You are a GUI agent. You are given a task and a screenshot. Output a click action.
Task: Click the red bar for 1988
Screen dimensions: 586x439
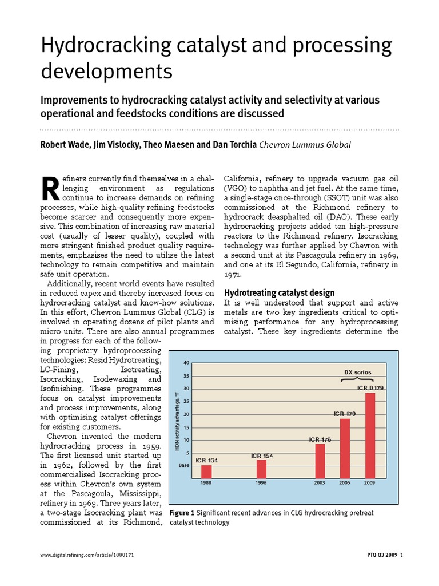(206, 472)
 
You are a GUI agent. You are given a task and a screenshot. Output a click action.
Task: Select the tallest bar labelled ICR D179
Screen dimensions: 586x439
(370, 435)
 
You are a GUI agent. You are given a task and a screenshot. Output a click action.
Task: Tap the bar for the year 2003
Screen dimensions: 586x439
(320, 461)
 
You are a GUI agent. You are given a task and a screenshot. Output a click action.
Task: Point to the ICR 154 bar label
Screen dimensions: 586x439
(261, 456)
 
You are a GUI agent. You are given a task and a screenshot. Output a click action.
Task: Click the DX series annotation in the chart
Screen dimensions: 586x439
(357, 373)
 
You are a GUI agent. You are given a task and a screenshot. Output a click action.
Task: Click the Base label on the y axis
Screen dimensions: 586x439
(183, 465)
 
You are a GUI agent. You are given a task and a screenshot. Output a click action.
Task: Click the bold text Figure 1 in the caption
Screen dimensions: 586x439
(183, 513)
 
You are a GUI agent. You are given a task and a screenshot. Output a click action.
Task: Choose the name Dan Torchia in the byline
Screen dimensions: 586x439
(234, 145)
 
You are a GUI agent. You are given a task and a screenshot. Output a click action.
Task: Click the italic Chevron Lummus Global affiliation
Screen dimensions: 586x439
(305, 145)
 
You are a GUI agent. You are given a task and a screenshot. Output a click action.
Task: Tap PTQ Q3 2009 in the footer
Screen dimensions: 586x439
(382, 555)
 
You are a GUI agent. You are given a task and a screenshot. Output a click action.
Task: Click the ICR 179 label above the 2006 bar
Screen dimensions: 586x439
(345, 414)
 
